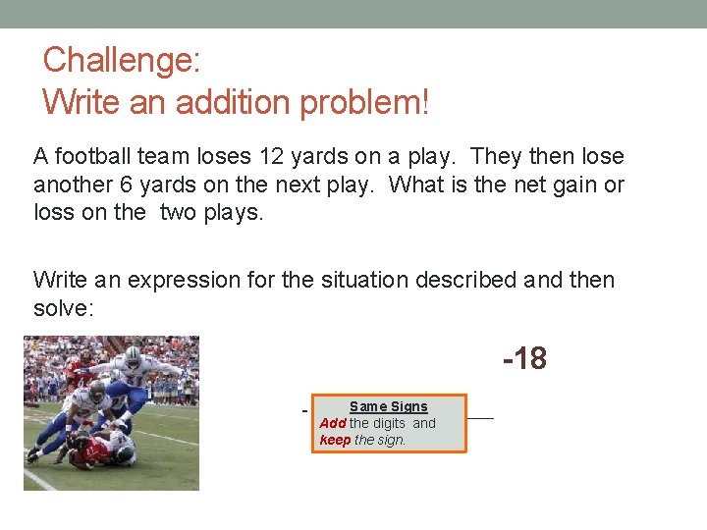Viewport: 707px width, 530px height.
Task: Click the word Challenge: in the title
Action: click(122, 61)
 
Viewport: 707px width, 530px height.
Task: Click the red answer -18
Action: click(524, 359)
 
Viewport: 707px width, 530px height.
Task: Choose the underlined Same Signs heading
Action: click(389, 406)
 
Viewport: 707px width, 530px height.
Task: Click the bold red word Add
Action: click(333, 423)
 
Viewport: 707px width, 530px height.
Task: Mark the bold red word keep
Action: click(335, 440)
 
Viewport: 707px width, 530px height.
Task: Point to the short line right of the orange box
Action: click(480, 418)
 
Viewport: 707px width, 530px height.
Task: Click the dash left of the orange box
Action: click(305, 410)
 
